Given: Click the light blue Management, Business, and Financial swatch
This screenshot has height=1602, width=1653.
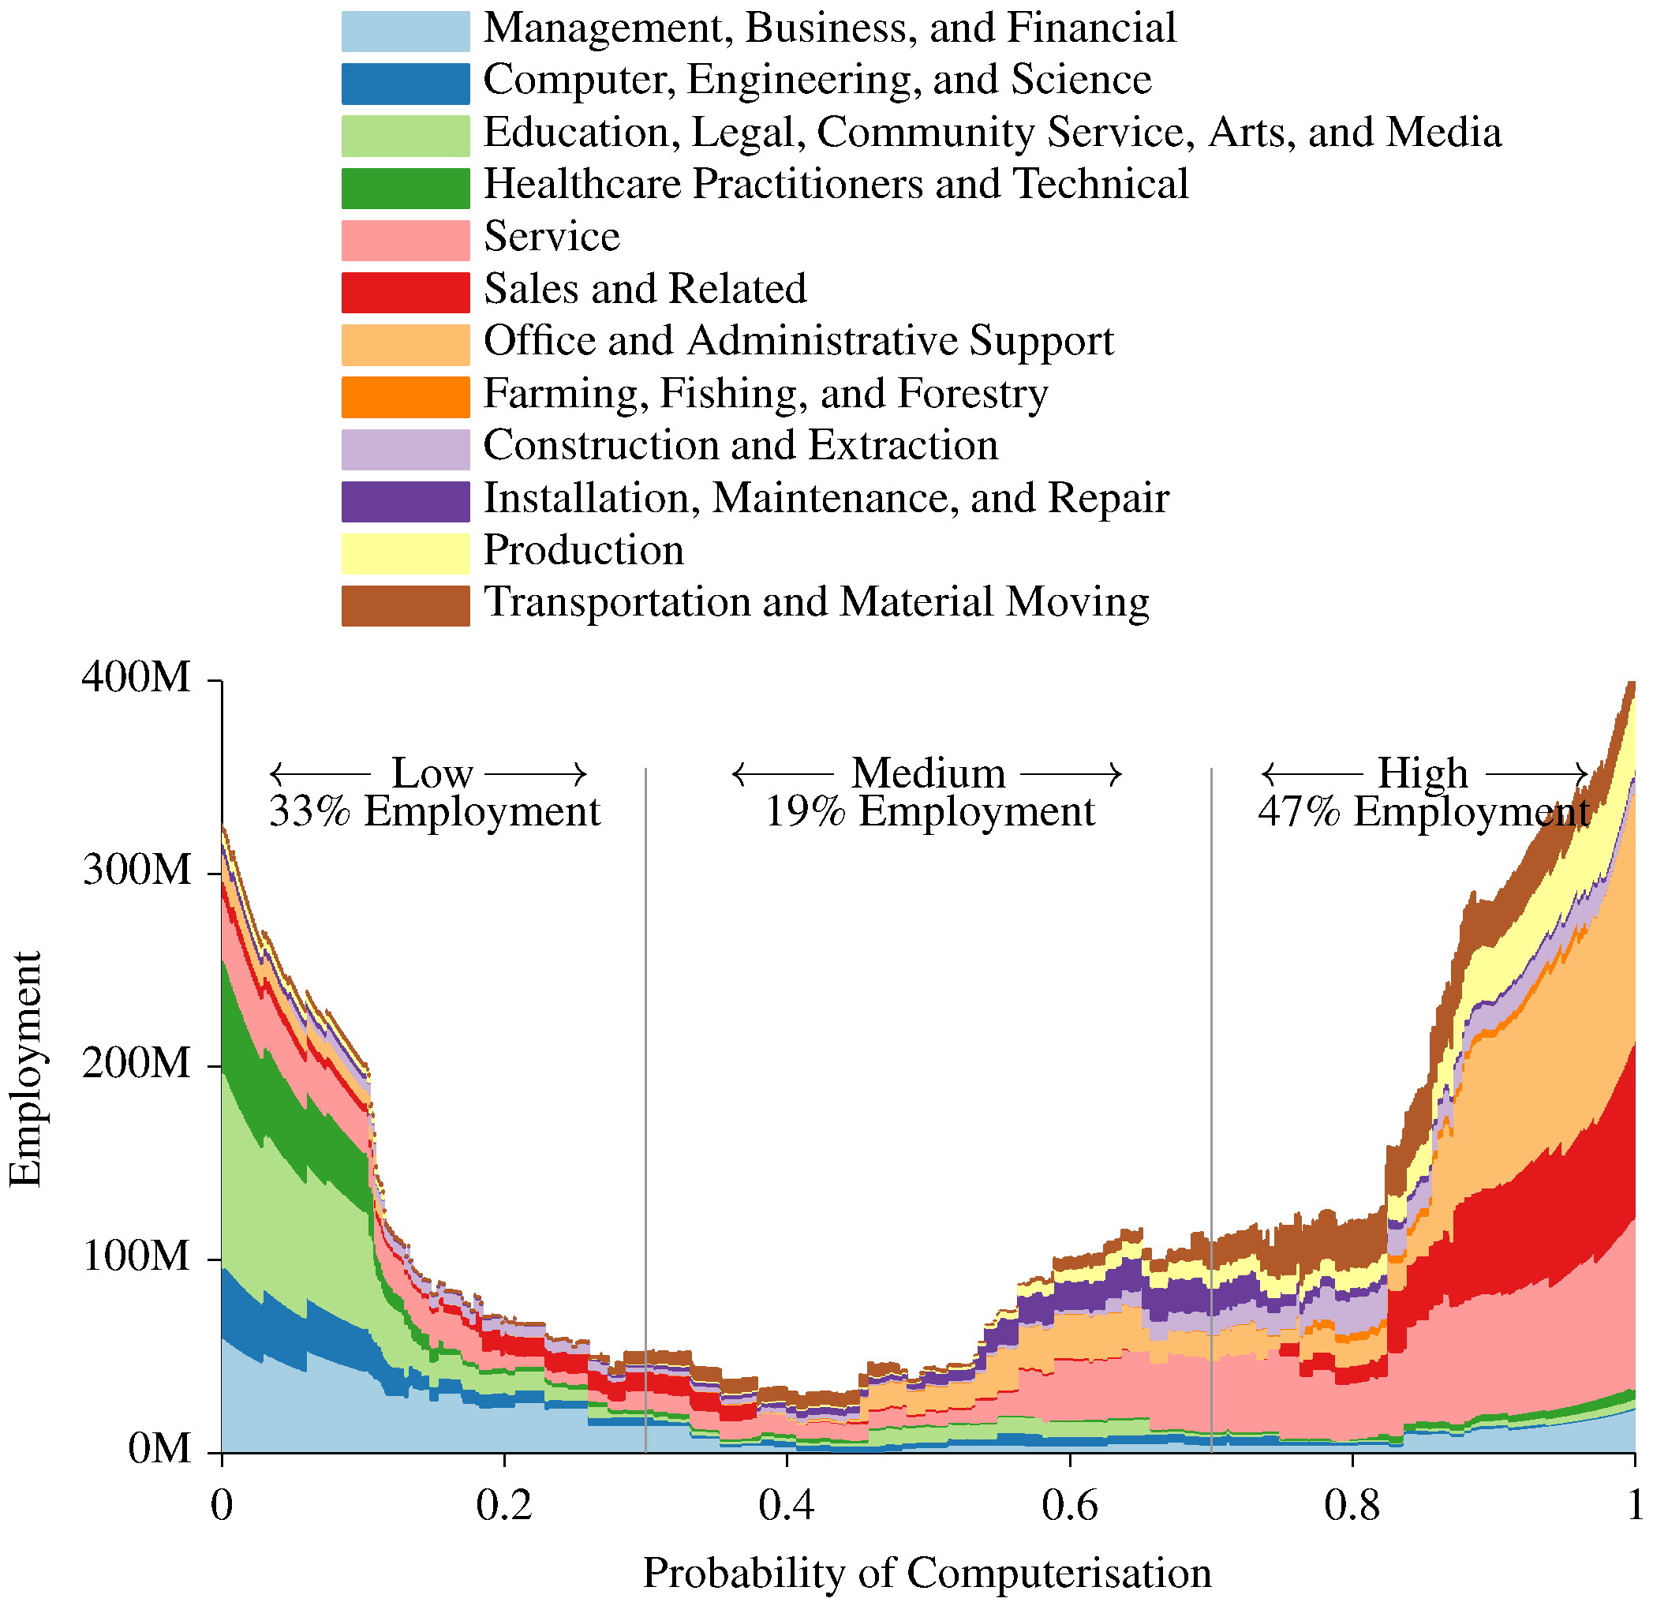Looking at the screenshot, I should [405, 32].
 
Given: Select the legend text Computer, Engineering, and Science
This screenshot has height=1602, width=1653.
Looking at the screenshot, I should [817, 81].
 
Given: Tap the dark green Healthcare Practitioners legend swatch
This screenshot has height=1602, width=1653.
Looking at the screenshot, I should [405, 188].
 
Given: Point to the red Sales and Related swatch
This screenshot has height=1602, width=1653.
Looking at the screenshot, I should [405, 293].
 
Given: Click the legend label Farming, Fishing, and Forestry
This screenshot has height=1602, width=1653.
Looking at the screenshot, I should [765, 394].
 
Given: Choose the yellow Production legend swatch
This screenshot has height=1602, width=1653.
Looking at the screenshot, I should [405, 553].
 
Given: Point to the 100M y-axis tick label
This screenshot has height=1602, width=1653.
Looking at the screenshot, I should [137, 1256].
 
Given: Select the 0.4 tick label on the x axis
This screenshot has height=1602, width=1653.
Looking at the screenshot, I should [786, 1505].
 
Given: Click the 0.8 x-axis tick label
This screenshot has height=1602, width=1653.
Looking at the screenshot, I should [1351, 1505].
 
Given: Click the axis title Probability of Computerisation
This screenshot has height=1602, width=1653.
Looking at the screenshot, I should [926, 1574].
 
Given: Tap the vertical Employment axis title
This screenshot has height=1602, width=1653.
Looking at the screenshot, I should [25, 1069].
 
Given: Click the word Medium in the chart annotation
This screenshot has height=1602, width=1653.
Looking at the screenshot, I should [928, 773].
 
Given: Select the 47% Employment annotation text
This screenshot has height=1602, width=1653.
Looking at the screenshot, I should [1423, 811].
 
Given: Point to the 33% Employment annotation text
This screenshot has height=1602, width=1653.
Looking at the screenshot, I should [434, 811].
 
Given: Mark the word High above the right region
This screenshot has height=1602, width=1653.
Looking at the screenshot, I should [1422, 773].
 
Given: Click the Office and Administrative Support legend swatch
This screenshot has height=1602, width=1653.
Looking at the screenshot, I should [405, 345].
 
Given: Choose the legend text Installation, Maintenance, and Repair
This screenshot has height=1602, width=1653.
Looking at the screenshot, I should [825, 499].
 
